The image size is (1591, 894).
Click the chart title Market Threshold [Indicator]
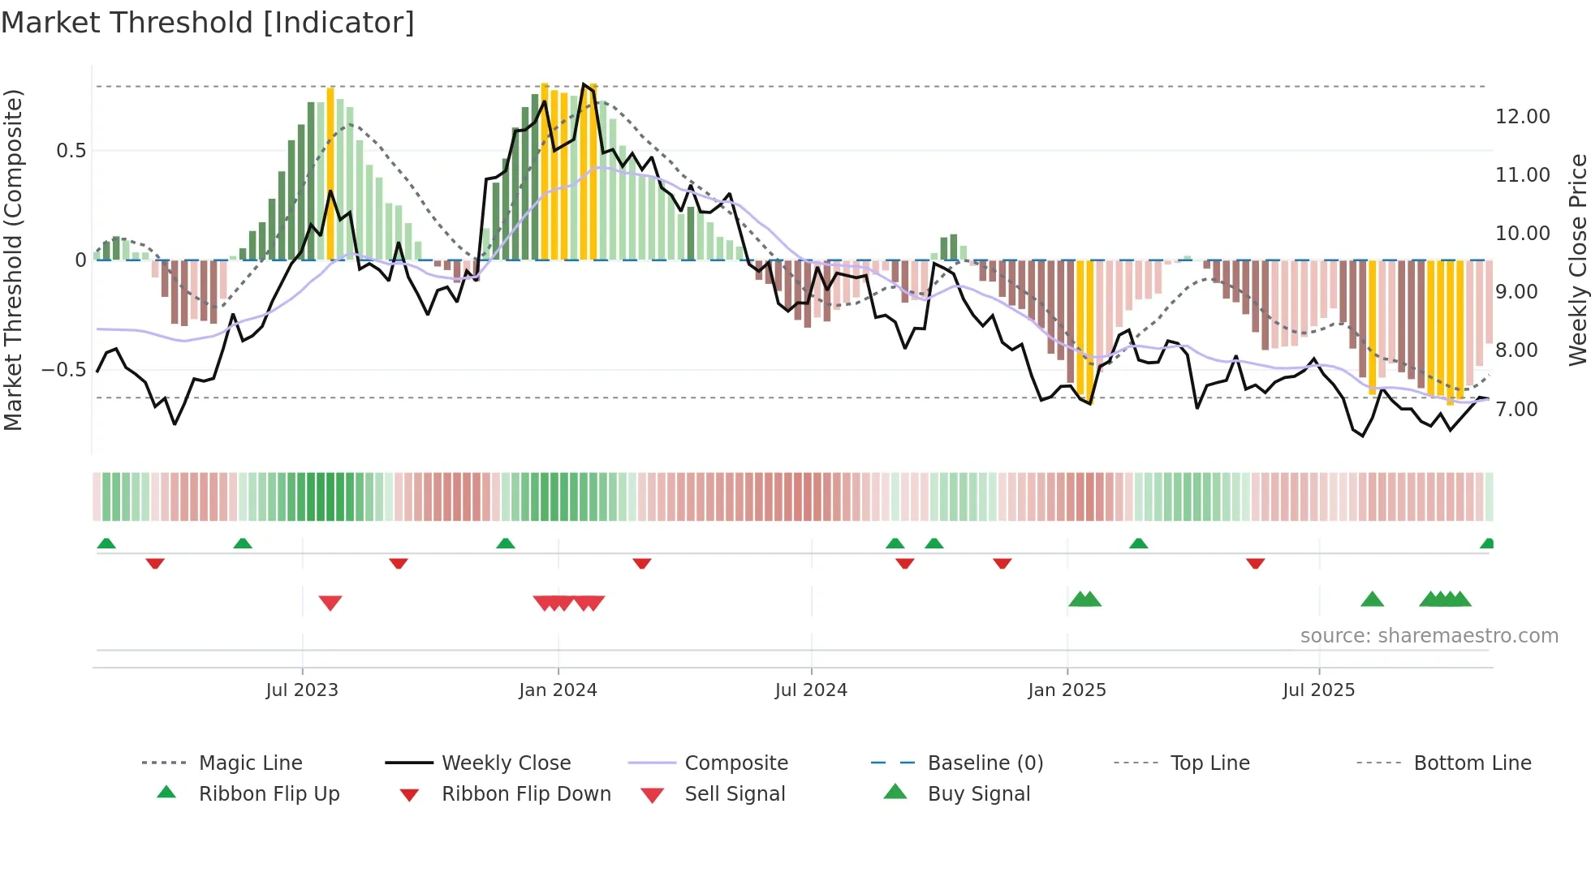point(208,23)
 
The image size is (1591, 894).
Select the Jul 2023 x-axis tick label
point(302,690)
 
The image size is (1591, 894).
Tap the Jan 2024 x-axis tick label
point(558,690)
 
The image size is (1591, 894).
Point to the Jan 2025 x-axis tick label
point(1067,690)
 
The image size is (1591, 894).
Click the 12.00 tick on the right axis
point(1522,117)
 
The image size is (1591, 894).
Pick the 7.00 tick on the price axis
point(1516,410)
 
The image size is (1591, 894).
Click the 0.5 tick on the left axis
point(71,151)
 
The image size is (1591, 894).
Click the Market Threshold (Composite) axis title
point(13,260)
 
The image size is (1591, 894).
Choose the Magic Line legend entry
point(250,763)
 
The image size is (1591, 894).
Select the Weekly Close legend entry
point(506,763)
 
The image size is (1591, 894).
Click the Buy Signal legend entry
point(978,794)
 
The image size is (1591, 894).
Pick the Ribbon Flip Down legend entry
point(525,794)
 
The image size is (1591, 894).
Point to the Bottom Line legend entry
point(1472,763)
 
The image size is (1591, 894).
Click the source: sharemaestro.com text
point(1429,636)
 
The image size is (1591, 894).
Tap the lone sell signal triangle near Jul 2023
point(330,603)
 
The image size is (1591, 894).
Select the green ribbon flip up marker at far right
point(1487,544)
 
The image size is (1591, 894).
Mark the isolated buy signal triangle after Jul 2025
point(1372,600)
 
